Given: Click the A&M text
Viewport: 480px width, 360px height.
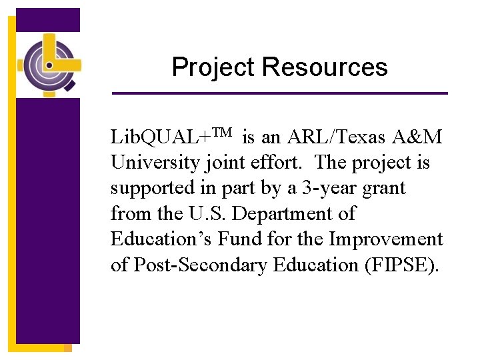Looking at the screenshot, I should click(x=417, y=137).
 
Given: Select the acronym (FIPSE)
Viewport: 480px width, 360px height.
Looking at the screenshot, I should click(x=402, y=265).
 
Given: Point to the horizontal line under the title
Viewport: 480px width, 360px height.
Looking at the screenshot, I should click(x=279, y=93).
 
